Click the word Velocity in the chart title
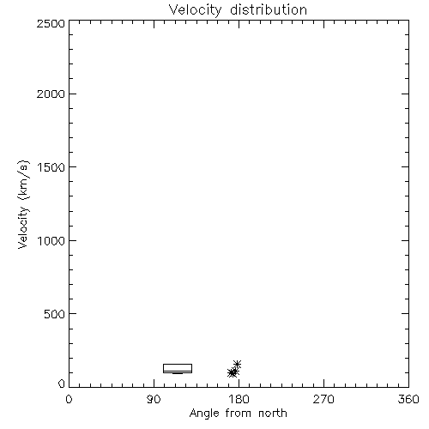[195, 10]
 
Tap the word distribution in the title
[269, 9]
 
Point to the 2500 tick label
[51, 23]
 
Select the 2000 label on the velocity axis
[51, 94]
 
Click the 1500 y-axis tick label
[51, 167]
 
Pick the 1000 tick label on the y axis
[51, 240]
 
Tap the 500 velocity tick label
[54, 314]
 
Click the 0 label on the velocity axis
[62, 384]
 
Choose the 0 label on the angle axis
[69, 399]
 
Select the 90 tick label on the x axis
[154, 399]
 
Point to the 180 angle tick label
[239, 399]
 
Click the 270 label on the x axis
[323, 399]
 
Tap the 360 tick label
[408, 399]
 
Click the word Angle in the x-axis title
[204, 414]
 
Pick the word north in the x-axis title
[273, 414]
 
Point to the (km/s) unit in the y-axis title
[23, 180]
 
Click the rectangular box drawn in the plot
[178, 364]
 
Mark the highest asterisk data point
[237, 364]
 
